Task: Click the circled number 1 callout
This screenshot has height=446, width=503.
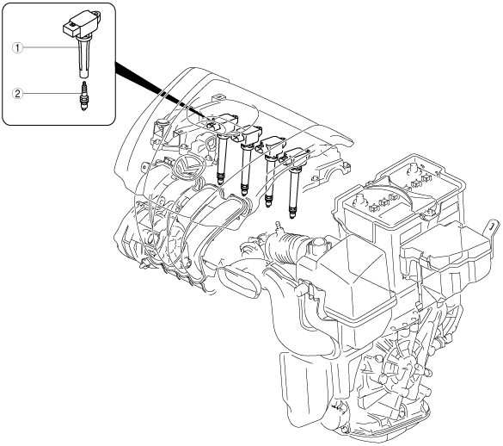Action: tap(17, 48)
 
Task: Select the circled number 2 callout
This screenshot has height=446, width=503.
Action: tap(17, 94)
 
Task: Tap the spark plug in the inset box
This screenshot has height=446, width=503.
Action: tap(84, 96)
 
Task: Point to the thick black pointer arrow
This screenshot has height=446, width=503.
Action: tap(162, 90)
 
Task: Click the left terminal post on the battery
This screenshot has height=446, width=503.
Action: tap(359, 200)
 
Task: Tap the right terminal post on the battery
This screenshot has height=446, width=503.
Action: tap(413, 169)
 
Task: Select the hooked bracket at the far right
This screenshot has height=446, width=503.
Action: tap(492, 230)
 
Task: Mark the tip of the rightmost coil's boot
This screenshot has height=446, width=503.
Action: tap(292, 217)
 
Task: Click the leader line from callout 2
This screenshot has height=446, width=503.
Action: tap(52, 94)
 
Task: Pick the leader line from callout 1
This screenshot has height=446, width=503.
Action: tap(51, 48)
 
